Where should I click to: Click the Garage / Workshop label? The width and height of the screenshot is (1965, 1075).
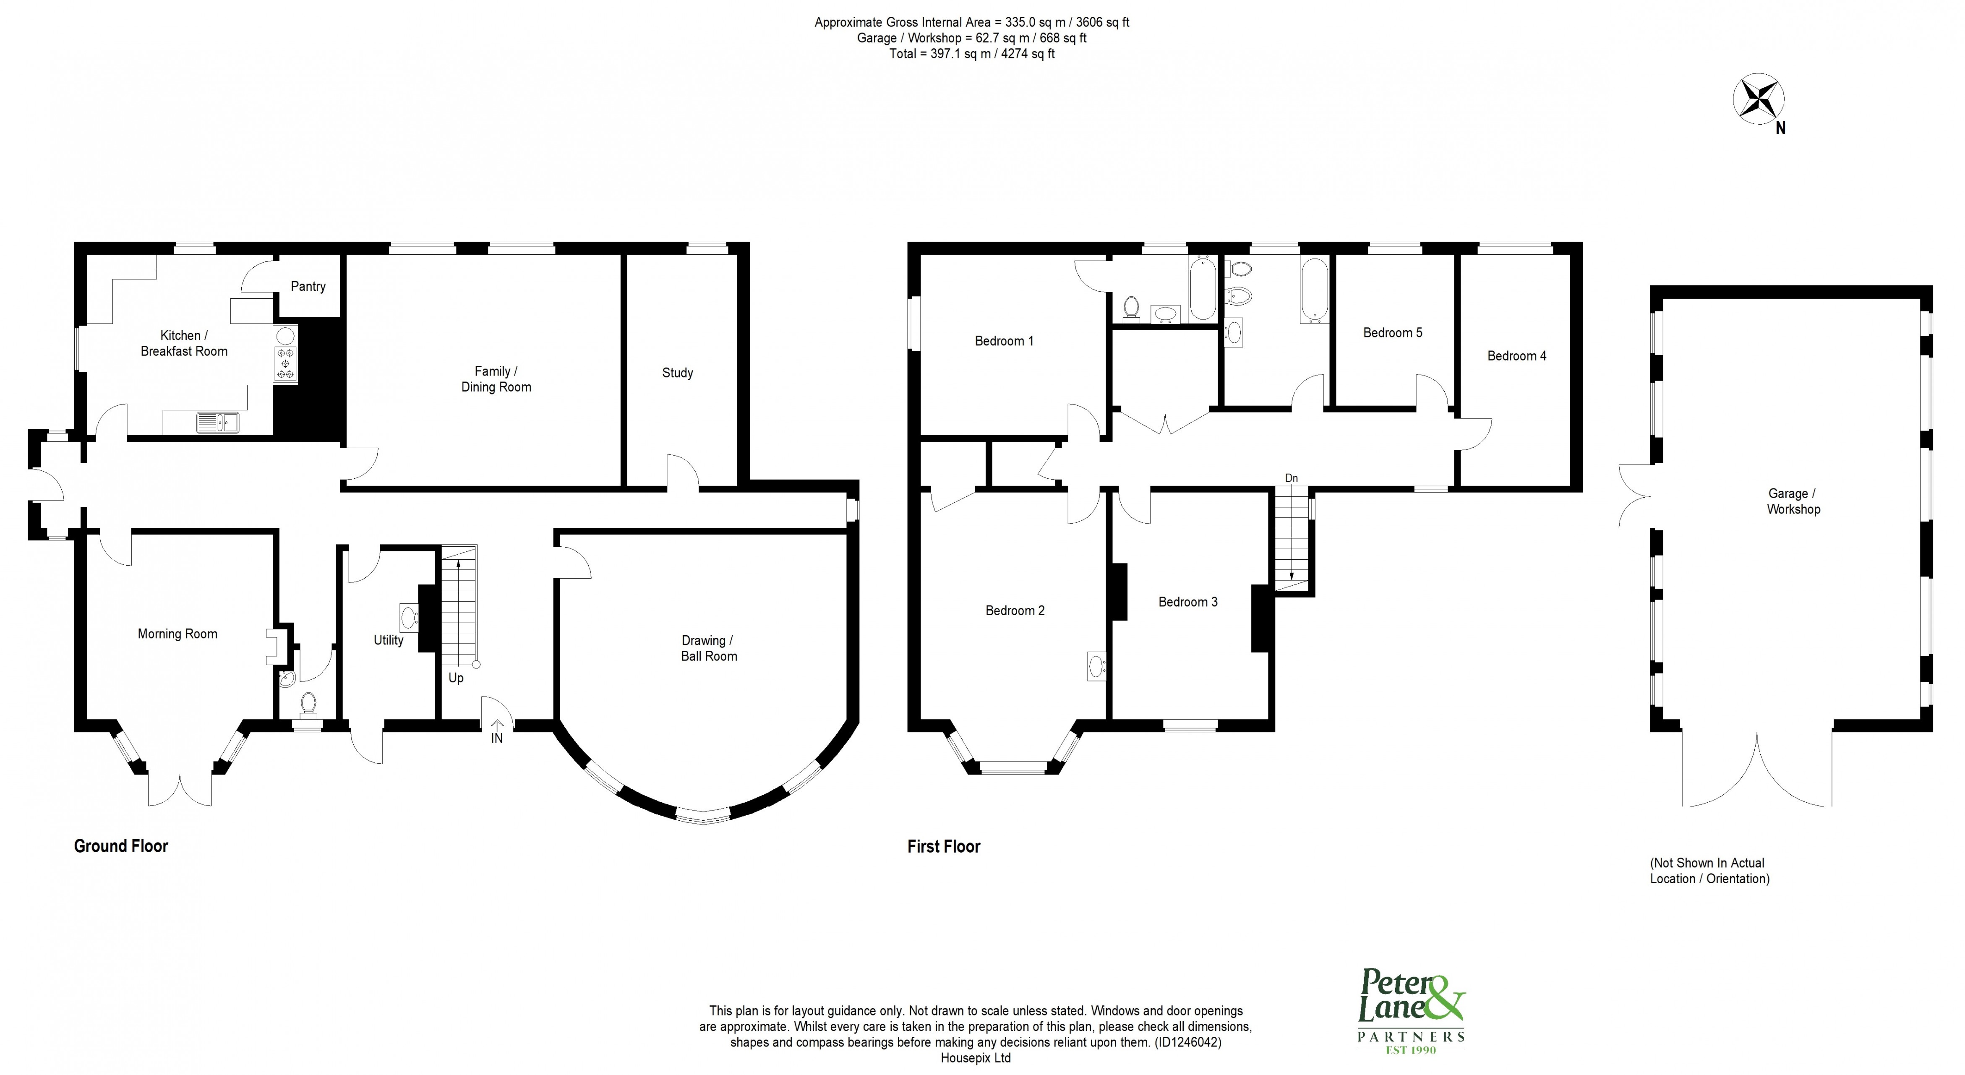1793,501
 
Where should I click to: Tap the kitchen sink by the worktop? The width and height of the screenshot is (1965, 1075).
217,422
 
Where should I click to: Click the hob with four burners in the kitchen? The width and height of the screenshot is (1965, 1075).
286,364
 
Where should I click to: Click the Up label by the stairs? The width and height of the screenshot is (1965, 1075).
455,678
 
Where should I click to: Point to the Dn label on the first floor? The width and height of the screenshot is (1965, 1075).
1291,478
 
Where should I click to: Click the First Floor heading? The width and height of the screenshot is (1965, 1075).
944,846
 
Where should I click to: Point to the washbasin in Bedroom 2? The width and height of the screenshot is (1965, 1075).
1096,666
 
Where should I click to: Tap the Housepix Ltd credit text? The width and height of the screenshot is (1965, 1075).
976,1058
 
